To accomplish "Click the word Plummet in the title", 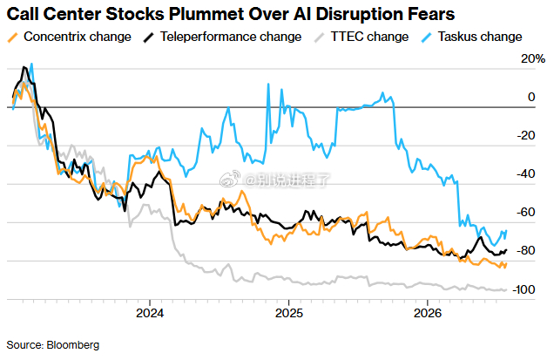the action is click(206, 15).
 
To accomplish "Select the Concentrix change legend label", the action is click(78, 37).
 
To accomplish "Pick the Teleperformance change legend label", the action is click(231, 37).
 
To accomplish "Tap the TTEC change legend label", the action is click(369, 37).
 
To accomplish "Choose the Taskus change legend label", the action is click(480, 37).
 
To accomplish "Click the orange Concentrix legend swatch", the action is click(13, 37).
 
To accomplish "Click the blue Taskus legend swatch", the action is click(427, 37).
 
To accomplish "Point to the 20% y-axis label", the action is click(533, 58).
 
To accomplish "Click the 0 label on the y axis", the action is click(531, 97).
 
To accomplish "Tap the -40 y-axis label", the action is click(526, 173).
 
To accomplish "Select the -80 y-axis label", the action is click(526, 251).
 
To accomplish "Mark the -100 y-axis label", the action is click(524, 289).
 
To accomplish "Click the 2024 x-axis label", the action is click(150, 313).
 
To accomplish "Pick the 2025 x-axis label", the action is click(289, 313).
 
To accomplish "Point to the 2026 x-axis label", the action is click(428, 313).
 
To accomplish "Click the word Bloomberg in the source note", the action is click(73, 345).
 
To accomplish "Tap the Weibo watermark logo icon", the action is click(230, 179).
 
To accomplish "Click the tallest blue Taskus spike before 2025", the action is click(268, 85).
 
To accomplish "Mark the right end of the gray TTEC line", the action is click(506, 289).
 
